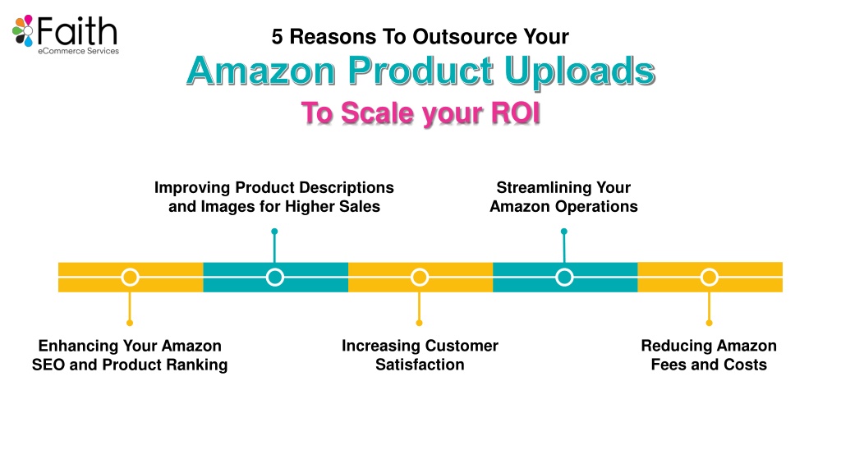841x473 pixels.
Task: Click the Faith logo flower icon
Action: coord(23,30)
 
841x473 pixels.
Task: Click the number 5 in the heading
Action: coord(277,37)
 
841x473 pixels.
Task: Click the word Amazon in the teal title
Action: coord(261,71)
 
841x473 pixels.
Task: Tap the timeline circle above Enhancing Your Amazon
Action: coord(130,278)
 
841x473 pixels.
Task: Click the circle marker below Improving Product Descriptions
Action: coord(274,278)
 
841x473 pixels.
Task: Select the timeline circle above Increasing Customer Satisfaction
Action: coord(420,278)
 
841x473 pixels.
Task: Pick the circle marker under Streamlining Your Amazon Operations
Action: coord(564,278)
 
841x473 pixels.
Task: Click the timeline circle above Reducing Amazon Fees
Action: coord(709,278)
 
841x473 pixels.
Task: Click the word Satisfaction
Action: coord(420,365)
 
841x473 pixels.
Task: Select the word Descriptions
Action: coord(346,188)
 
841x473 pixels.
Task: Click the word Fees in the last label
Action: coord(669,365)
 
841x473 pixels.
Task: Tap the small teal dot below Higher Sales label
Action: coord(274,232)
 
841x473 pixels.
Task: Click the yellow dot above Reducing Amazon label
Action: coord(709,323)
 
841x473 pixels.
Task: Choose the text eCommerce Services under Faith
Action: coord(78,51)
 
